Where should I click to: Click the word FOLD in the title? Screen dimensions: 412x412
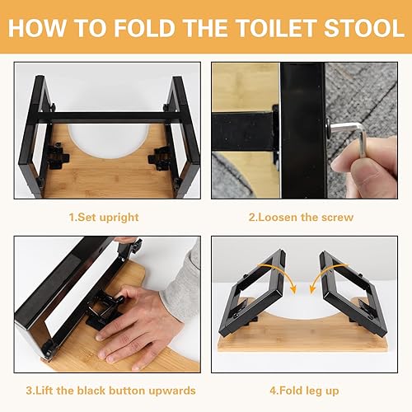click(144, 28)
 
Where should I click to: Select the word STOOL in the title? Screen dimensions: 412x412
click(364, 28)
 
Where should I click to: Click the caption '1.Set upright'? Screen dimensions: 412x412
click(104, 218)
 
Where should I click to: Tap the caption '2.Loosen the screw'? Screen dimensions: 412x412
click(301, 218)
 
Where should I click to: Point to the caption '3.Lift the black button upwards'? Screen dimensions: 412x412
click(110, 391)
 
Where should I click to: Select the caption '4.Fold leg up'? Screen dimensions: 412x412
click(304, 391)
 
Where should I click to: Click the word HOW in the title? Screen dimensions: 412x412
click(37, 28)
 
